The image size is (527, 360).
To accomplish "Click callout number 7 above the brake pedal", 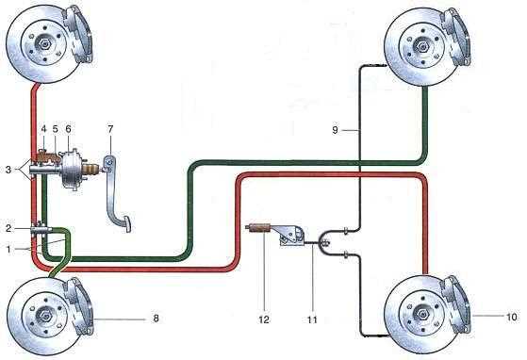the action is pyautogui.click(x=110, y=128).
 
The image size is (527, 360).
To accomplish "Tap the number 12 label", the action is pyautogui.click(x=264, y=319).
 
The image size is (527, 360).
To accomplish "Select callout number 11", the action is pyautogui.click(x=312, y=319).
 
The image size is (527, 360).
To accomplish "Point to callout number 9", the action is pyautogui.click(x=335, y=130).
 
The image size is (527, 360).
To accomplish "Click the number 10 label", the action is pyautogui.click(x=512, y=317).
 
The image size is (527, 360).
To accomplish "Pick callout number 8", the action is pyautogui.click(x=156, y=318).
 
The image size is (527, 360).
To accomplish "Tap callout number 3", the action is pyautogui.click(x=8, y=170).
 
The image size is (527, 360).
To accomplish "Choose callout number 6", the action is pyautogui.click(x=69, y=129).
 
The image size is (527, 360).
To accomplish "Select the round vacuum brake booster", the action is pyautogui.click(x=73, y=169).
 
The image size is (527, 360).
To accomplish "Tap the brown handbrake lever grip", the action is pyautogui.click(x=259, y=228).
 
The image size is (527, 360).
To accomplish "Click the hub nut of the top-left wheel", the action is pyautogui.click(x=43, y=42).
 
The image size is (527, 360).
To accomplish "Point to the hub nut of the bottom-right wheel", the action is pyautogui.click(x=421, y=315).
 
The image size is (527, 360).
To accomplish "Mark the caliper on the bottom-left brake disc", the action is pyautogui.click(x=79, y=305).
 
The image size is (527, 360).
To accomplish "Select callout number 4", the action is pyautogui.click(x=43, y=129).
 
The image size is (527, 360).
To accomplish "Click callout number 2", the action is pyautogui.click(x=8, y=228).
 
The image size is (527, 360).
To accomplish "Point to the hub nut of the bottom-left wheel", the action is pyautogui.click(x=44, y=315).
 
